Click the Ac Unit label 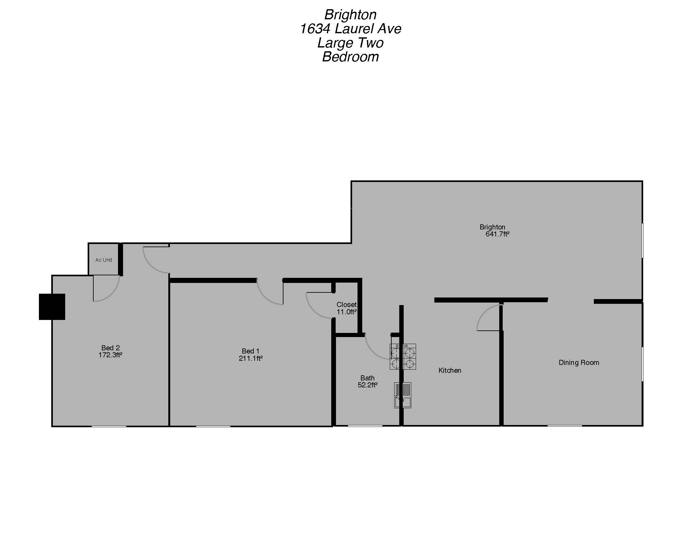pyautogui.click(x=103, y=260)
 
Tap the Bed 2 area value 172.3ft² pyautogui.click(x=110, y=355)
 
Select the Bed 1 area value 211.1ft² pyautogui.click(x=251, y=359)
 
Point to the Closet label pyautogui.click(x=346, y=305)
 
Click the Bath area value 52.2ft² pyautogui.click(x=367, y=385)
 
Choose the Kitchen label pyautogui.click(x=450, y=370)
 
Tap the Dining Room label pyautogui.click(x=579, y=363)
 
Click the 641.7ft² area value pyautogui.click(x=497, y=234)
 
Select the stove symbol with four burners pyautogui.click(x=403, y=357)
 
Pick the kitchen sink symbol pyautogui.click(x=403, y=395)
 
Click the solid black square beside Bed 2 pyautogui.click(x=52, y=307)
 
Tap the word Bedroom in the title pyautogui.click(x=350, y=57)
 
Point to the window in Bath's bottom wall pyautogui.click(x=365, y=426)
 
